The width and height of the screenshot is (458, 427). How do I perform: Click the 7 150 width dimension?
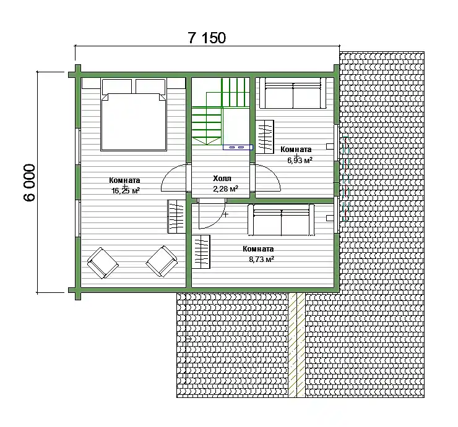point(207,38)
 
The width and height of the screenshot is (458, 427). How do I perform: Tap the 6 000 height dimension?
point(29,182)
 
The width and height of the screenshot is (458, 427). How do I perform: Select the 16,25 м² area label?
point(125,191)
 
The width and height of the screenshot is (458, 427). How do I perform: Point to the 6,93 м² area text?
point(300,160)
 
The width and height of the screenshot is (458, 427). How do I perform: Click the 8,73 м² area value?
point(261,259)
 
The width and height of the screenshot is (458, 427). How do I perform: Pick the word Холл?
point(222,178)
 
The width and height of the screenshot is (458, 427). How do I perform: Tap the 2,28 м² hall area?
point(225,188)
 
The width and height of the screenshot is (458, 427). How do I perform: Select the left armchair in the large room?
point(103,263)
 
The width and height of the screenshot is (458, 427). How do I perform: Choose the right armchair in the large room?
point(162,261)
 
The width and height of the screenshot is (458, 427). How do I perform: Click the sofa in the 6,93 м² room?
point(293,93)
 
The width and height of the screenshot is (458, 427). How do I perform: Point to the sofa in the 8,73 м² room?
point(281,219)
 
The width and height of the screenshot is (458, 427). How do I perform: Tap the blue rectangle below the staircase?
point(238,147)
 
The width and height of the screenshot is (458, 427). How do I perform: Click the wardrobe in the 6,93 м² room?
point(265,137)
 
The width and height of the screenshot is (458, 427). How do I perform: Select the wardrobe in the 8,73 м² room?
point(201,252)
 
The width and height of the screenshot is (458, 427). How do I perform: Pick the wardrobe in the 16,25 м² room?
point(176,216)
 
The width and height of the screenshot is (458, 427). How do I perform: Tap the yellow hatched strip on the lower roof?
point(296,345)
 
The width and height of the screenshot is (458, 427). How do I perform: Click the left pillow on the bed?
point(116,87)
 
